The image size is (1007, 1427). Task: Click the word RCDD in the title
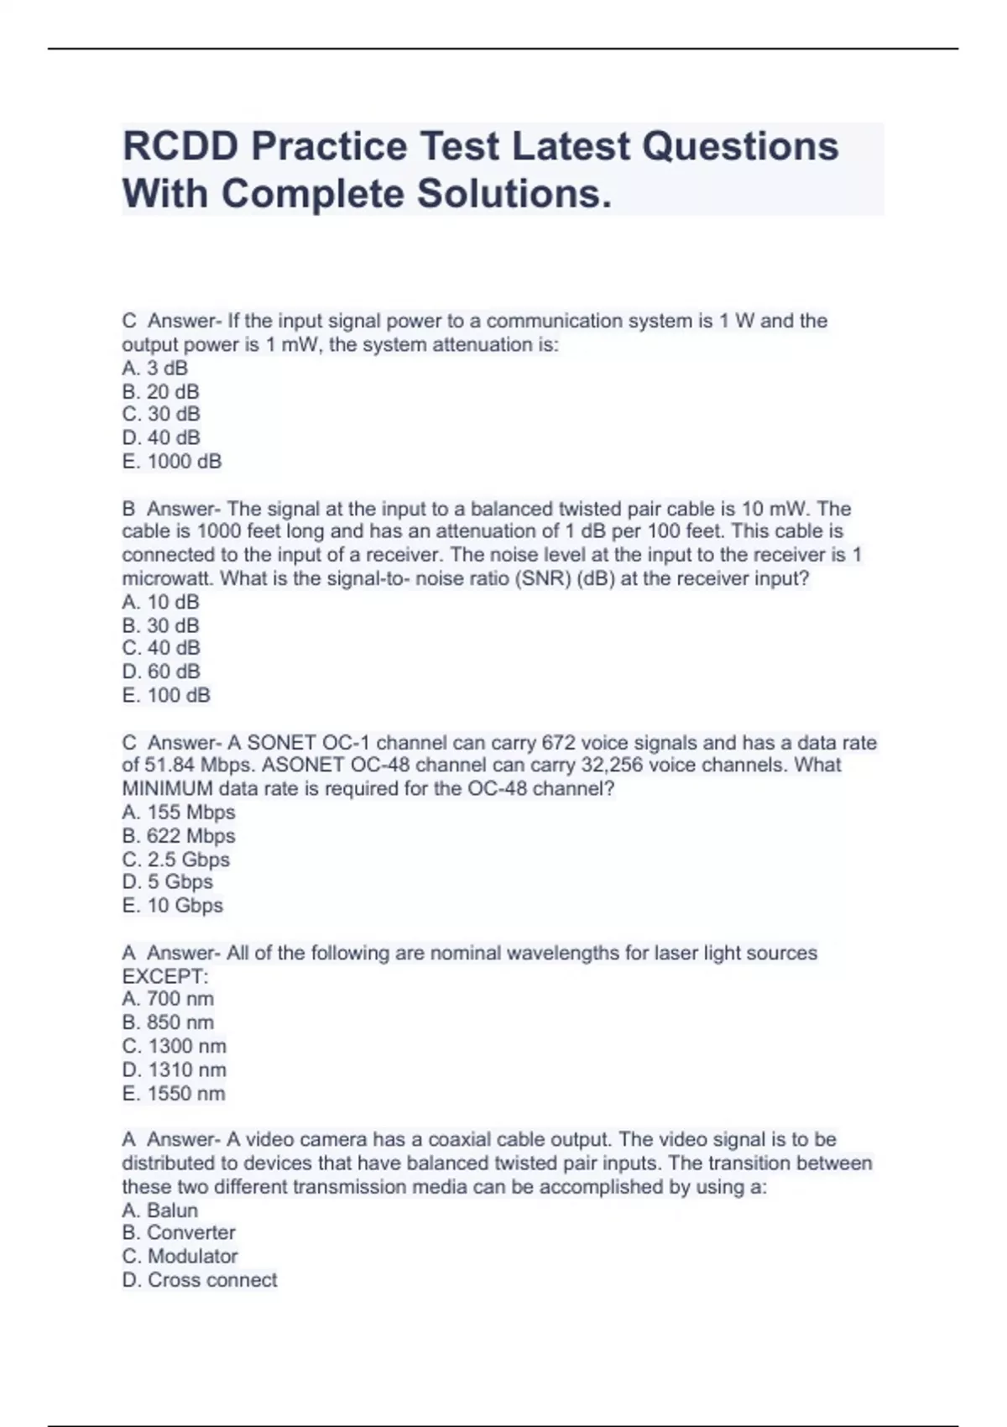(x=180, y=146)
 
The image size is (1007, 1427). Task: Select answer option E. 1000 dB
(x=172, y=461)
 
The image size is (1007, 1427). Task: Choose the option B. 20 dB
(x=160, y=391)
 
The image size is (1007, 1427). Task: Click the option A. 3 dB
(x=155, y=368)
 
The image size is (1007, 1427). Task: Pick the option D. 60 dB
(x=161, y=671)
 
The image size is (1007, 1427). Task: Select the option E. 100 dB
(x=166, y=695)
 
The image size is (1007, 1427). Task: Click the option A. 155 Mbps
(x=179, y=812)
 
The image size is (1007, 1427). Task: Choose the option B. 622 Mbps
(x=179, y=835)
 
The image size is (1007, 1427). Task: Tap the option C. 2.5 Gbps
(x=175, y=859)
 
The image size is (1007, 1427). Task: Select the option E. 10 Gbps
(x=172, y=905)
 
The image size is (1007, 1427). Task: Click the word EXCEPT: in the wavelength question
(x=164, y=976)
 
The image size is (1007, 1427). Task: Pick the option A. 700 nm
(x=168, y=998)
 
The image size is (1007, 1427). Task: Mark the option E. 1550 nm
(x=174, y=1093)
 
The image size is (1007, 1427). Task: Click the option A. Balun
(x=160, y=1210)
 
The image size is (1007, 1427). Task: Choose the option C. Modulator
(x=180, y=1256)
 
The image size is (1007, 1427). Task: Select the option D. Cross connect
(x=200, y=1279)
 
